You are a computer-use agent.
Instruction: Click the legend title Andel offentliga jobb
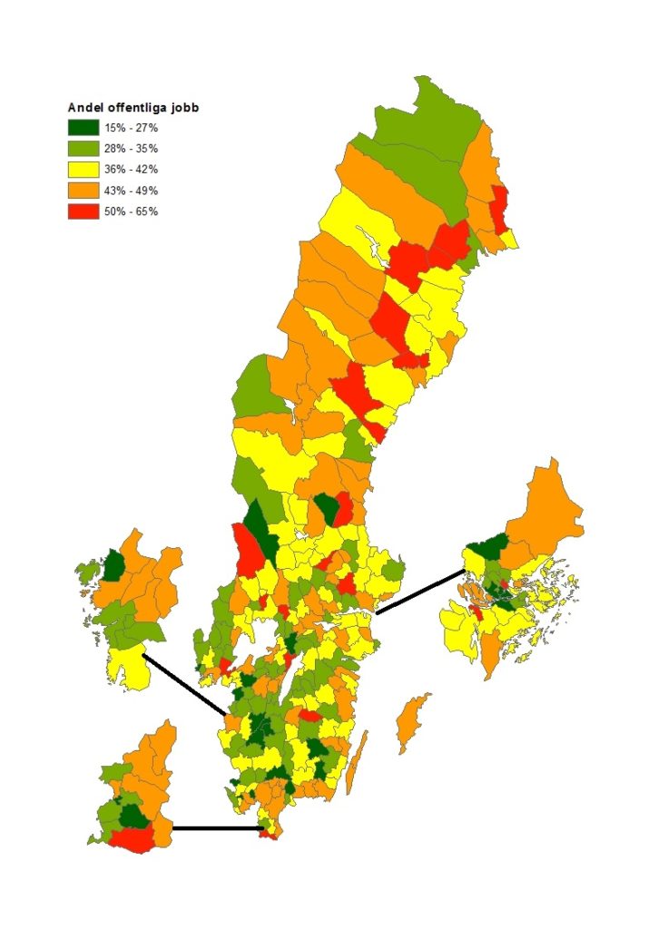click(x=133, y=108)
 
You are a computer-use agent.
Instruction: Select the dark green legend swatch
click(x=83, y=127)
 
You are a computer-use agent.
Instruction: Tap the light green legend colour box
click(x=83, y=148)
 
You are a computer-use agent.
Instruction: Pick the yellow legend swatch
click(x=83, y=169)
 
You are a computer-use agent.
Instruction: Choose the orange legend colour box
click(x=83, y=191)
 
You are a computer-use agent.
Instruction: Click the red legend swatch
click(x=83, y=211)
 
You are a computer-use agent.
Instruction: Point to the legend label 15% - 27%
click(x=132, y=127)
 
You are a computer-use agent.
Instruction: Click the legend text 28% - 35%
click(x=132, y=148)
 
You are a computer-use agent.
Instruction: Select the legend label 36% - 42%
click(x=132, y=169)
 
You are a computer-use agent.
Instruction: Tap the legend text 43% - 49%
click(x=132, y=191)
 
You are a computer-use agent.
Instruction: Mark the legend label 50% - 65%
click(x=132, y=211)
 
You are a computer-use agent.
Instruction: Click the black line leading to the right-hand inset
click(x=420, y=592)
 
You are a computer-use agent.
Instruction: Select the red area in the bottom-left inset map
click(x=131, y=838)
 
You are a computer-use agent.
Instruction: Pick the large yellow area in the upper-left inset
click(x=127, y=670)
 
